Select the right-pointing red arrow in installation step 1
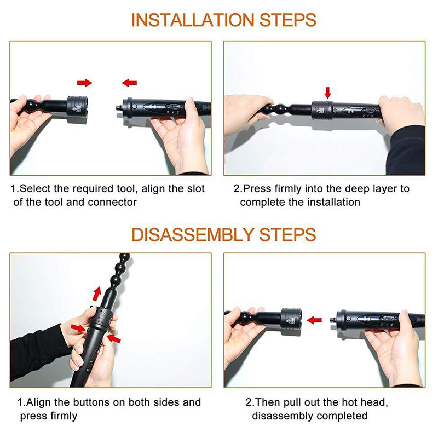point(84,83)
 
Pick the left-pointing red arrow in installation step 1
point(129,83)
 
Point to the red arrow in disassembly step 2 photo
point(314,320)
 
